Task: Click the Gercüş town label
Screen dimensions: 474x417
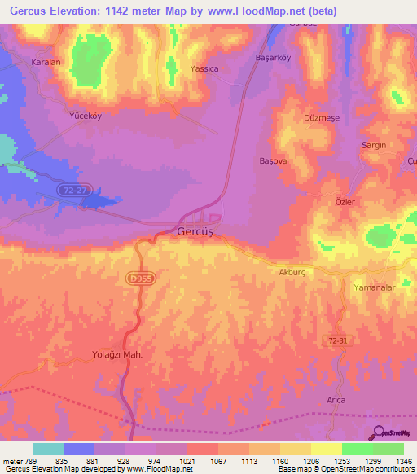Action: [x=195, y=232]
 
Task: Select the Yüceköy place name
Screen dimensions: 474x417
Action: [x=84, y=116]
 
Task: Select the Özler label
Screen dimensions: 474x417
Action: [x=345, y=201]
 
